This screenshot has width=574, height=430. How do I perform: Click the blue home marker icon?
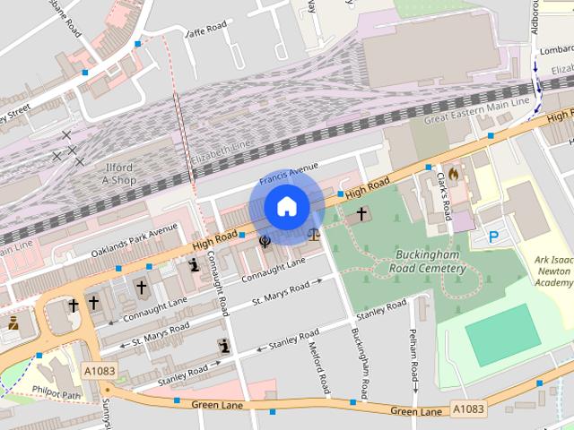287,207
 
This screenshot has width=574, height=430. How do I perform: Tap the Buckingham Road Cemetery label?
430,260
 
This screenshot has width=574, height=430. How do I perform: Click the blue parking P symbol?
493,236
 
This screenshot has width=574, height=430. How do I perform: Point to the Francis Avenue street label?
290,172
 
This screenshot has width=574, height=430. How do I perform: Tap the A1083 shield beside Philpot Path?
100,371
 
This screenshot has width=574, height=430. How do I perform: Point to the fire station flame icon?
454,174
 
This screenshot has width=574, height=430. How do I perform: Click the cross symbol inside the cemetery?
362,214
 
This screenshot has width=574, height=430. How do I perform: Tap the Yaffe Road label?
205,32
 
